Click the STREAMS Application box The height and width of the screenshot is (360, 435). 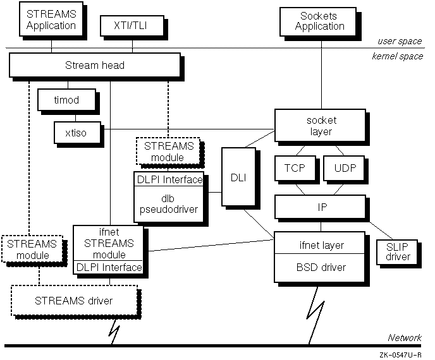51,21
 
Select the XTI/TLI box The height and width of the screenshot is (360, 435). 132,26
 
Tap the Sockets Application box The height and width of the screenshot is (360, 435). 320,21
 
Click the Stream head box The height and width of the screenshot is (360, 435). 95,65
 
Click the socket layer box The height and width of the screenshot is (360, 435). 319,126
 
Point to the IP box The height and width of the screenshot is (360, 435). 319,206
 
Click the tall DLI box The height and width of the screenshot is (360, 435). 238,177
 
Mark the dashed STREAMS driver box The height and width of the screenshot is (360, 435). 74,300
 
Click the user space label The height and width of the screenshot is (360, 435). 400,42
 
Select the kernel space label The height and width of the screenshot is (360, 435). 396,57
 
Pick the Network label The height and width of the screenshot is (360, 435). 405,338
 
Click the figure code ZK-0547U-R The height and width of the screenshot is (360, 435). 401,355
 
